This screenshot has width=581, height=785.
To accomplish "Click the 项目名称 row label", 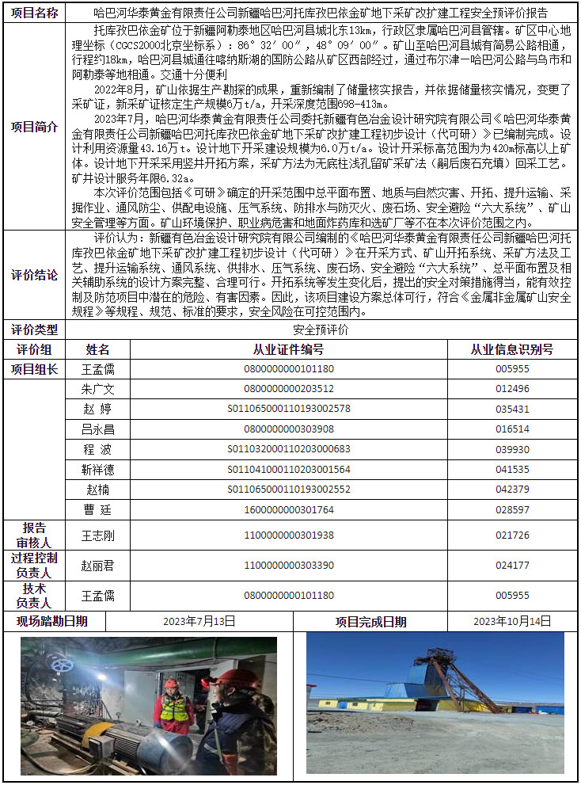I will click(37, 13).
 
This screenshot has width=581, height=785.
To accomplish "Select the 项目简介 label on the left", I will click(37, 127).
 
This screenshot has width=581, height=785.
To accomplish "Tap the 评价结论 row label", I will click(37, 276).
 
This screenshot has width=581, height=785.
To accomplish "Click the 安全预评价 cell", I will click(321, 330).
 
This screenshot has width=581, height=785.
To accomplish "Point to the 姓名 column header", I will click(98, 349).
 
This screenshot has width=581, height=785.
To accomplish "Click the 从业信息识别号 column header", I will click(512, 349).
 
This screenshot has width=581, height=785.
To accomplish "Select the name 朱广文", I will click(98, 389).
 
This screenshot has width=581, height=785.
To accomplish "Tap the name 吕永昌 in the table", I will click(98, 429).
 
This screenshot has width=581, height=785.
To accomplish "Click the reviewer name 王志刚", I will click(98, 535).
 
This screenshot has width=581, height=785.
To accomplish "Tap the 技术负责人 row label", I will click(34, 595).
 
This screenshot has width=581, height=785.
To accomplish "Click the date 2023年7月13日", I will click(199, 621).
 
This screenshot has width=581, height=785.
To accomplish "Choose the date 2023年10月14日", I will click(512, 621).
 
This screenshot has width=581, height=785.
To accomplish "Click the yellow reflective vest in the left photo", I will click(174, 707).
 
